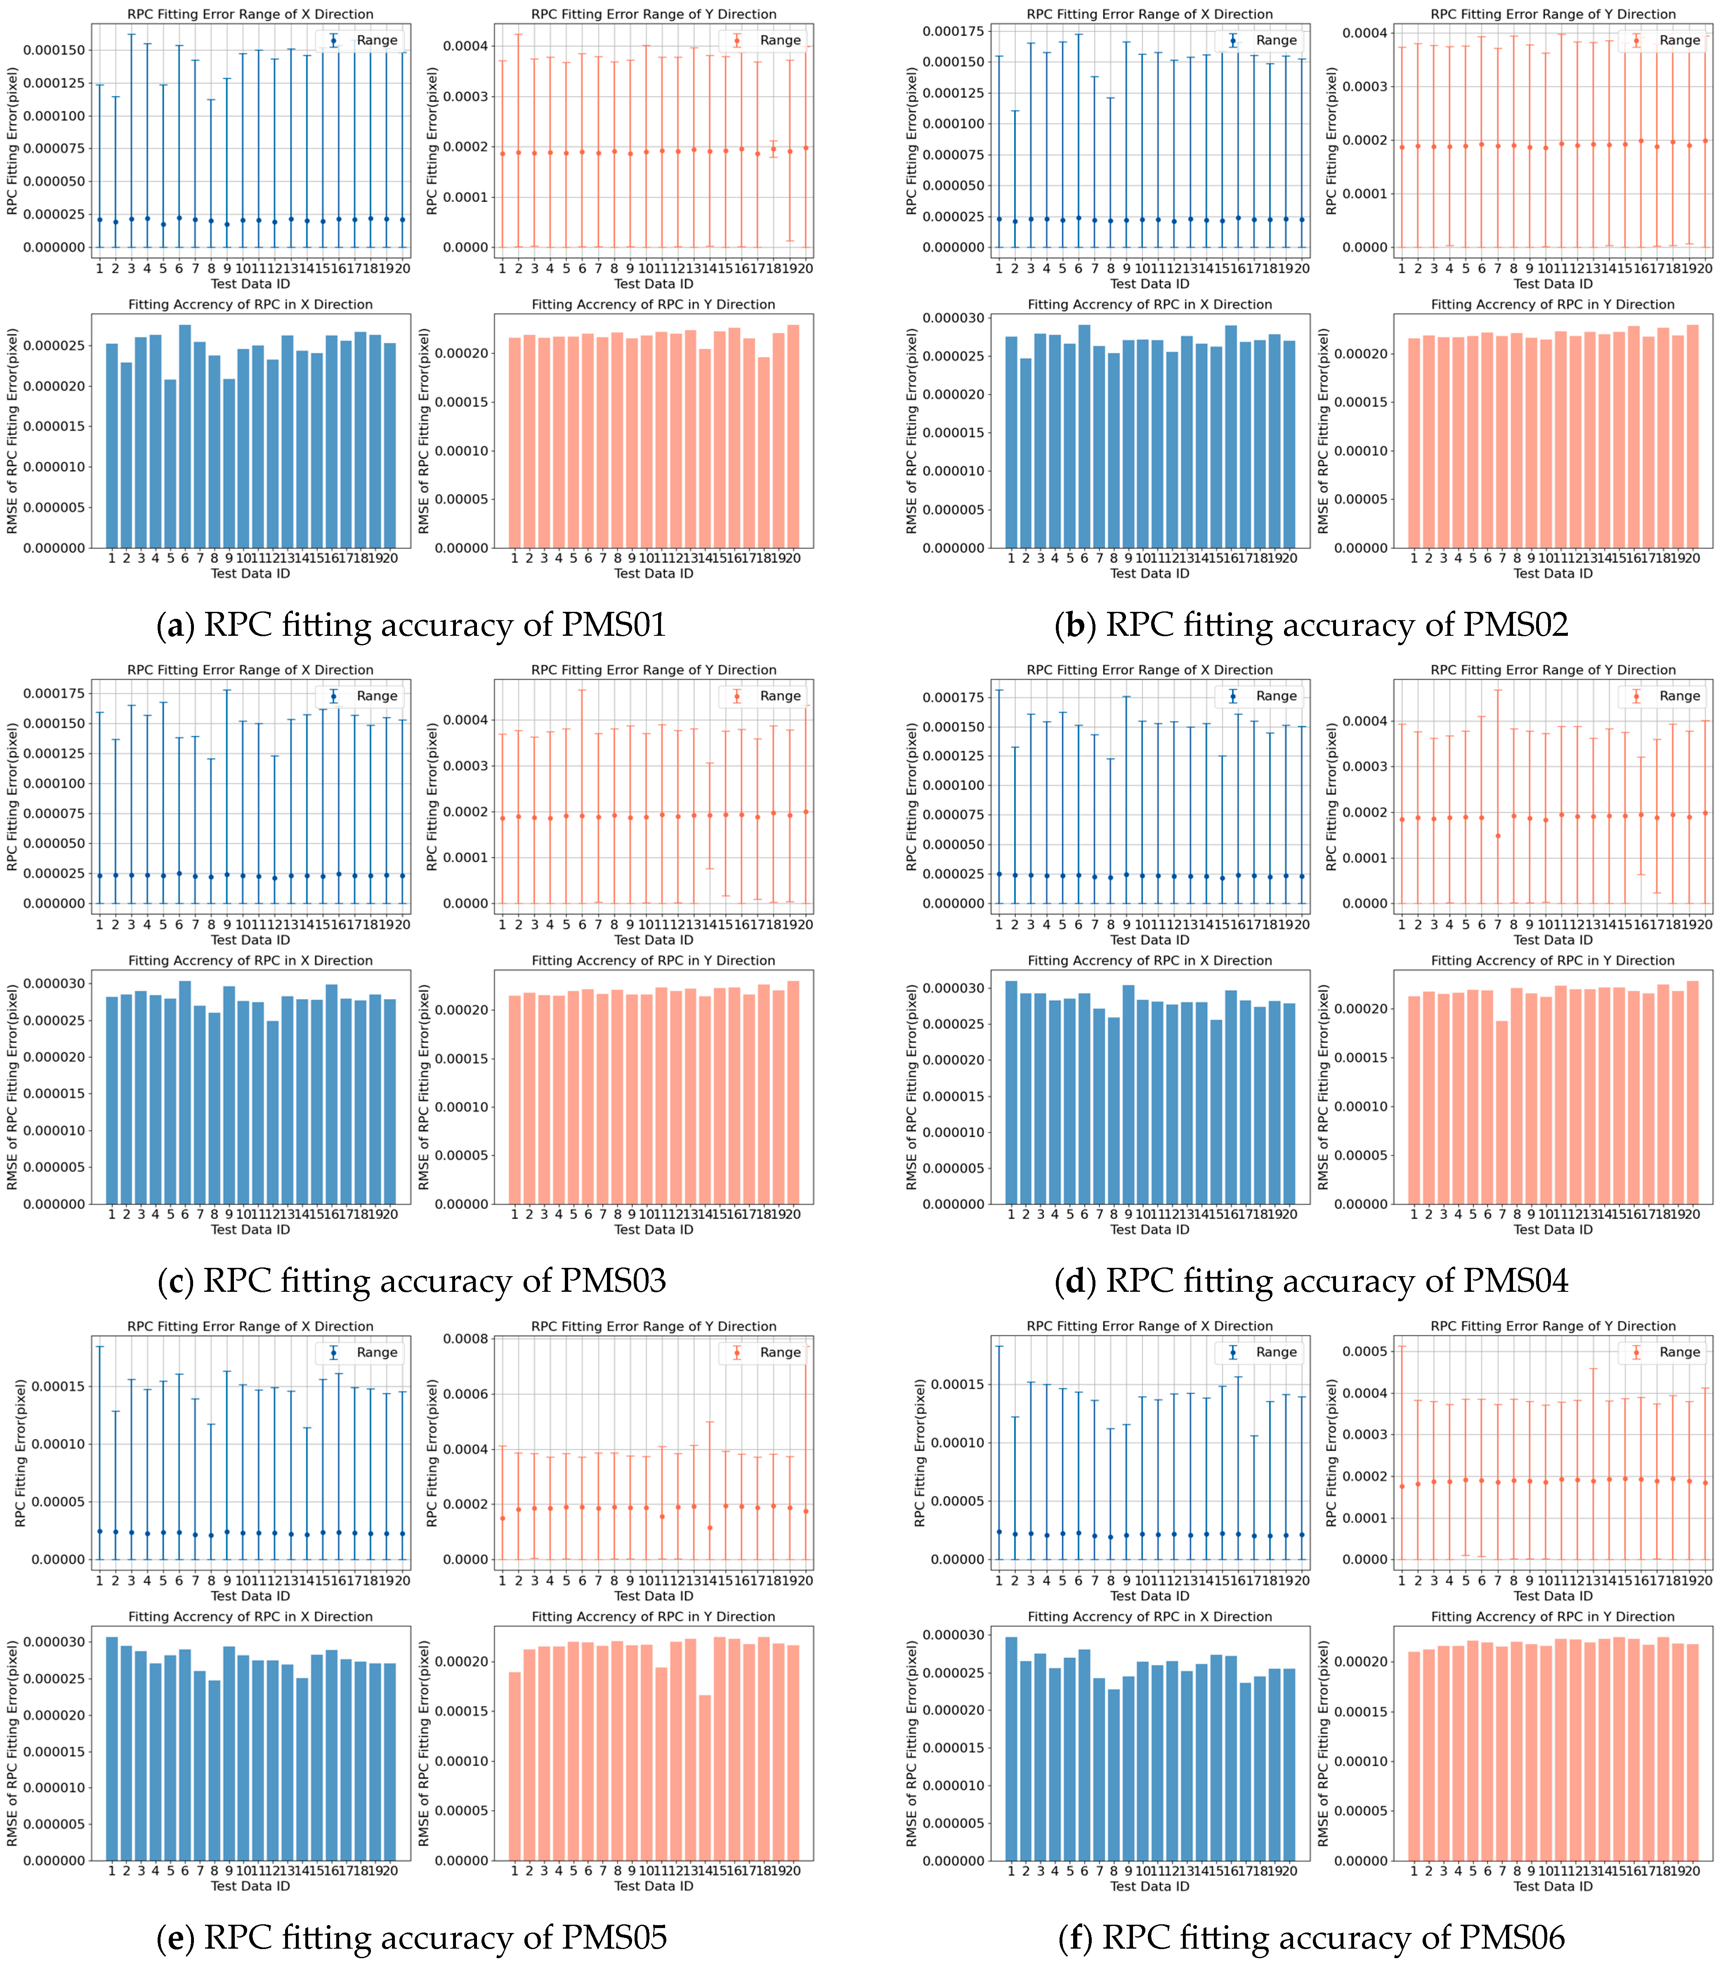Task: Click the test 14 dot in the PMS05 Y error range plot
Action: coord(710,1528)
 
